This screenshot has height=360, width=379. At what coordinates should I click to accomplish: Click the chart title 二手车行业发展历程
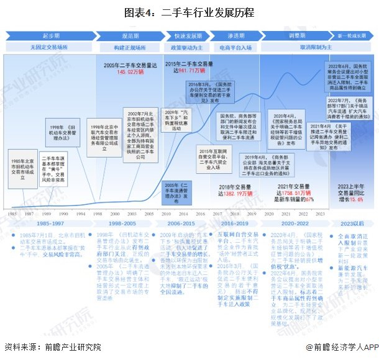tap(189, 11)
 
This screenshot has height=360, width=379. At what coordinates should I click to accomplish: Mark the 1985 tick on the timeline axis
tap(11, 213)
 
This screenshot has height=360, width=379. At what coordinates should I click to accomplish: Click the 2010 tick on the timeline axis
tap(167, 213)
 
